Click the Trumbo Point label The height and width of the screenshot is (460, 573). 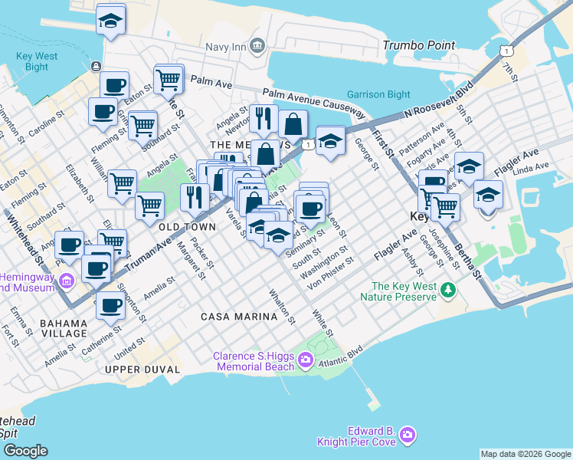(x=417, y=45)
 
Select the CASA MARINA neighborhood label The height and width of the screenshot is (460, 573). (x=238, y=317)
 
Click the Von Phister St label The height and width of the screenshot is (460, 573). (x=330, y=273)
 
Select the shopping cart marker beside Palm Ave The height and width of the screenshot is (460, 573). (x=168, y=78)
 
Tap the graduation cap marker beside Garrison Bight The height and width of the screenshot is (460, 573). (x=329, y=141)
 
